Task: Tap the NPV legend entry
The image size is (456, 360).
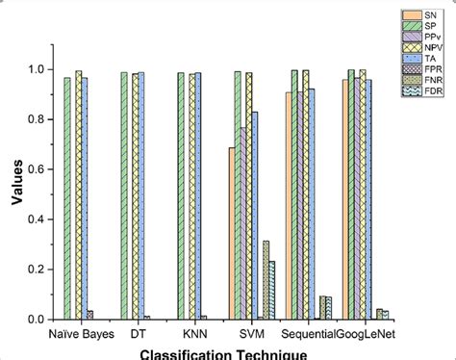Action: point(421,46)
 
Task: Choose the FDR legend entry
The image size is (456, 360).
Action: point(421,89)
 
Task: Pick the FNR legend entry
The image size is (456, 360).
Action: point(421,78)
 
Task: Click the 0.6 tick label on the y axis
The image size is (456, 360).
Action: point(36,169)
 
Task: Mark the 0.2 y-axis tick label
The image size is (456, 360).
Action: point(36,270)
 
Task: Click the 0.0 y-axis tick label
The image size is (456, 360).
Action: point(36,319)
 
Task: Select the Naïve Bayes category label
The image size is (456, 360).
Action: point(81,334)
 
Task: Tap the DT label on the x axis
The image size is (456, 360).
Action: point(139,334)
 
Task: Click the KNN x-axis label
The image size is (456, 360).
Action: point(195,334)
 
